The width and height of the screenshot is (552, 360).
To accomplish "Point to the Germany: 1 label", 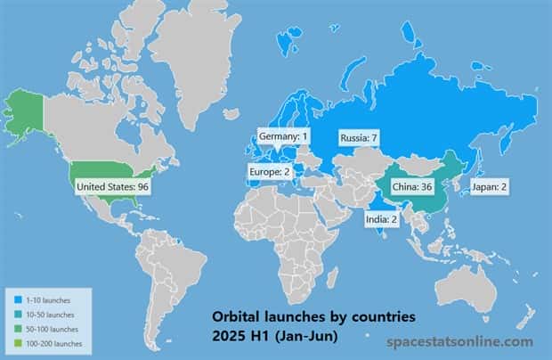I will (283, 135).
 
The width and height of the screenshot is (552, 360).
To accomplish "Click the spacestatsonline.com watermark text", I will (460, 341).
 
